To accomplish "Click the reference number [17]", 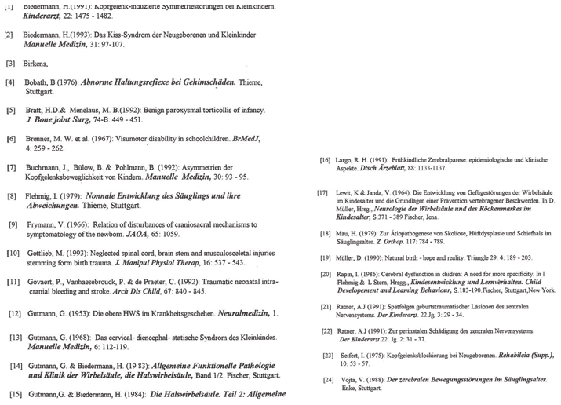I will (321, 193).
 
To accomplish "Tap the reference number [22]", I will (327, 331).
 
